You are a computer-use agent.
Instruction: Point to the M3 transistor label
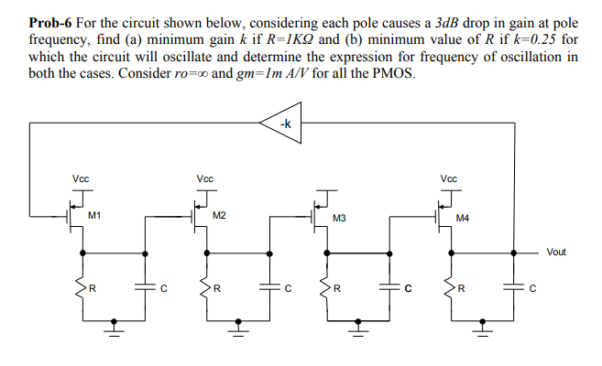point(339,219)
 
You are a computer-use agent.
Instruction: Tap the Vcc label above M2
point(204,178)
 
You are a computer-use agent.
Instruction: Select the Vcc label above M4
point(448,178)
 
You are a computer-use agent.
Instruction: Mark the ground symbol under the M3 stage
point(358,322)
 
